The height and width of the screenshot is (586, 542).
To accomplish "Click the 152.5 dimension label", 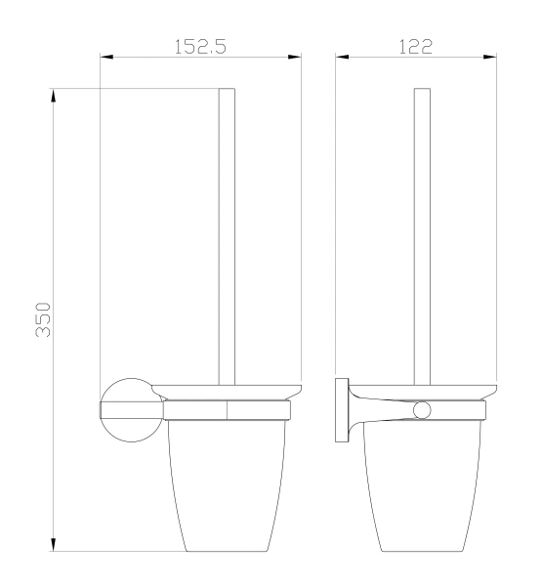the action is [201, 47].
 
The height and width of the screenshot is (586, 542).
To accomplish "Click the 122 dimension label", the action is [416, 47].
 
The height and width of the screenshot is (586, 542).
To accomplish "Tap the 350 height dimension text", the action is [43, 320].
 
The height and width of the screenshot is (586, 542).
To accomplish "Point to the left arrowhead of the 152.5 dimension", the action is [106, 57].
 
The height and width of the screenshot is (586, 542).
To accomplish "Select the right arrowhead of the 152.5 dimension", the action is [294, 57].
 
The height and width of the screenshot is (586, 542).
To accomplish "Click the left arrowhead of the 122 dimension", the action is [342, 57].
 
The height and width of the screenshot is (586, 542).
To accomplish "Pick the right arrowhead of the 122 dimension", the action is [490, 57].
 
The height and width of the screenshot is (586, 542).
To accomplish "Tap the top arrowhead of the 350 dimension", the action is [53, 96].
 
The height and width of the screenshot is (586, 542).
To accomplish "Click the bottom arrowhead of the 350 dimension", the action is [53, 544].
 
